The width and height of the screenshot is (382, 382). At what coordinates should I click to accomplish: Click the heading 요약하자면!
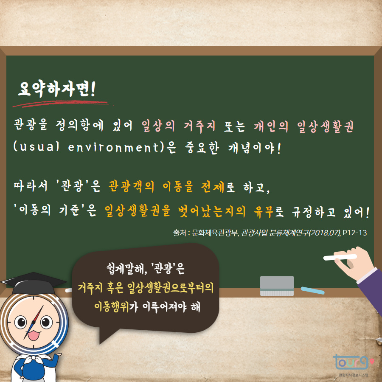pyautogui.click(x=57, y=89)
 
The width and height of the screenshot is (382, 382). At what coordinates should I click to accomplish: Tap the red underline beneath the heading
pyautogui.click(x=59, y=103)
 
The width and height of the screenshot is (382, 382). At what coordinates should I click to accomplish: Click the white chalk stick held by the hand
pyautogui.click(x=340, y=257)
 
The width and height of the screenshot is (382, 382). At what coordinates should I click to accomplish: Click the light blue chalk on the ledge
pyautogui.click(x=313, y=290)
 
